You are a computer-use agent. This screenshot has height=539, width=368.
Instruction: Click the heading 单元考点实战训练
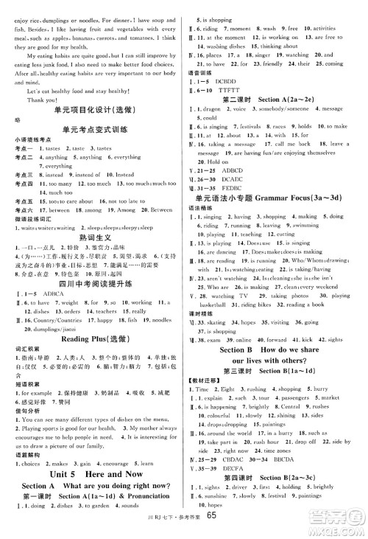91,129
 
